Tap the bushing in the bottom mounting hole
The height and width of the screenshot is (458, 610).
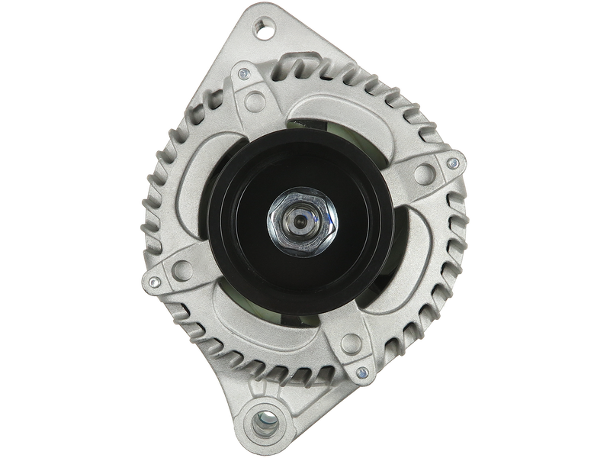266,420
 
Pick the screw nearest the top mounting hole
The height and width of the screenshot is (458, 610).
243,74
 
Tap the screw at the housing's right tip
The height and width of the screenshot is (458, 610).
455,163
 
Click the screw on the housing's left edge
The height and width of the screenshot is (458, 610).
154,281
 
